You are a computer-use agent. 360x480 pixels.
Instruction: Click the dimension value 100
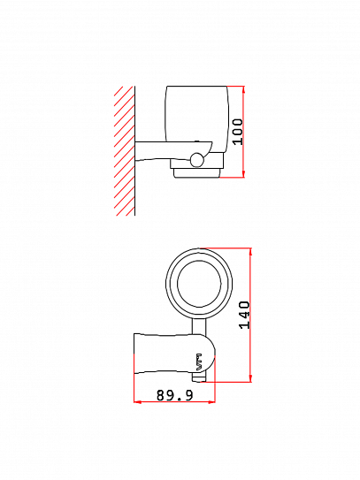[237, 132]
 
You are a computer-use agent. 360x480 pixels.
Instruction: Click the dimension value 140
[244, 315]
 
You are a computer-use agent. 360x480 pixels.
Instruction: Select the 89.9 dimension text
[175, 395]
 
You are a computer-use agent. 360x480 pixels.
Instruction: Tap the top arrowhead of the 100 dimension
[243, 89]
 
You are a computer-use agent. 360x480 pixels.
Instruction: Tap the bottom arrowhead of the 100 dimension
[243, 173]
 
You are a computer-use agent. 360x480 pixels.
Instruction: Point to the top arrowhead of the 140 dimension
[250, 252]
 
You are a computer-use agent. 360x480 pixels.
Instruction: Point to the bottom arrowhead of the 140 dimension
[250, 378]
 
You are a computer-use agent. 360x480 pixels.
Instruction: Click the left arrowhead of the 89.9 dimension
[138, 401]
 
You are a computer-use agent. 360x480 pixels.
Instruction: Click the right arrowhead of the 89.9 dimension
[211, 401]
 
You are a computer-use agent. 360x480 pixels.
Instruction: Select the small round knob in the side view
[196, 159]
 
